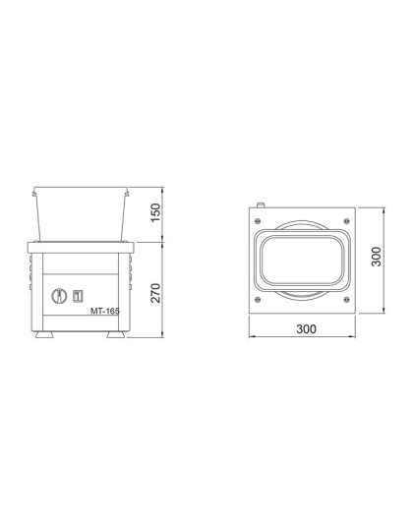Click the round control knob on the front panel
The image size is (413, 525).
59,294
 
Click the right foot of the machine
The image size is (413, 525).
115,335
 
